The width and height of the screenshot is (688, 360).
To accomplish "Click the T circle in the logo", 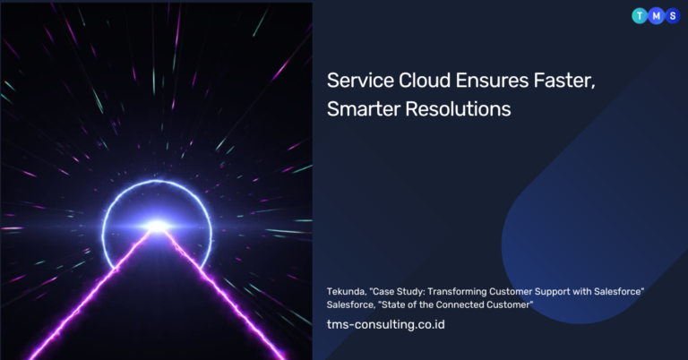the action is tap(640, 16).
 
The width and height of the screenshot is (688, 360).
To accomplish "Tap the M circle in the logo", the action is tap(656, 16).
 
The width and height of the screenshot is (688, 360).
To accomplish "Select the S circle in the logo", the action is tap(673, 16).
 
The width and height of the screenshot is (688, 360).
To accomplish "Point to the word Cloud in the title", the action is tap(425, 81).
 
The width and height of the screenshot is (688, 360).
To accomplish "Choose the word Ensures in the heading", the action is tap(492, 81).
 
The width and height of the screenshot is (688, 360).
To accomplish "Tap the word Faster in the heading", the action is tap(563, 81).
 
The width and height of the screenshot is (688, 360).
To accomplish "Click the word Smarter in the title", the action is tap(364, 108).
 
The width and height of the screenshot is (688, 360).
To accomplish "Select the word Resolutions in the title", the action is tap(458, 108).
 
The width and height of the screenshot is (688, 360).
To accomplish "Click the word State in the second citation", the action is tap(391, 304).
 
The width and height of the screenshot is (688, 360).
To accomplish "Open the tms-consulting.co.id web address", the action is tap(386, 324).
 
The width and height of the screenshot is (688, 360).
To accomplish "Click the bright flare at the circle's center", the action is tap(157, 227).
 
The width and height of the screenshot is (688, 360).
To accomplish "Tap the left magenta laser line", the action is tap(90, 294).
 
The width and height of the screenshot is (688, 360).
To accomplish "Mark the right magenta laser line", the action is tap(225, 294).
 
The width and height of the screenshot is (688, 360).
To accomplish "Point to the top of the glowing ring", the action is tap(158, 181).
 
